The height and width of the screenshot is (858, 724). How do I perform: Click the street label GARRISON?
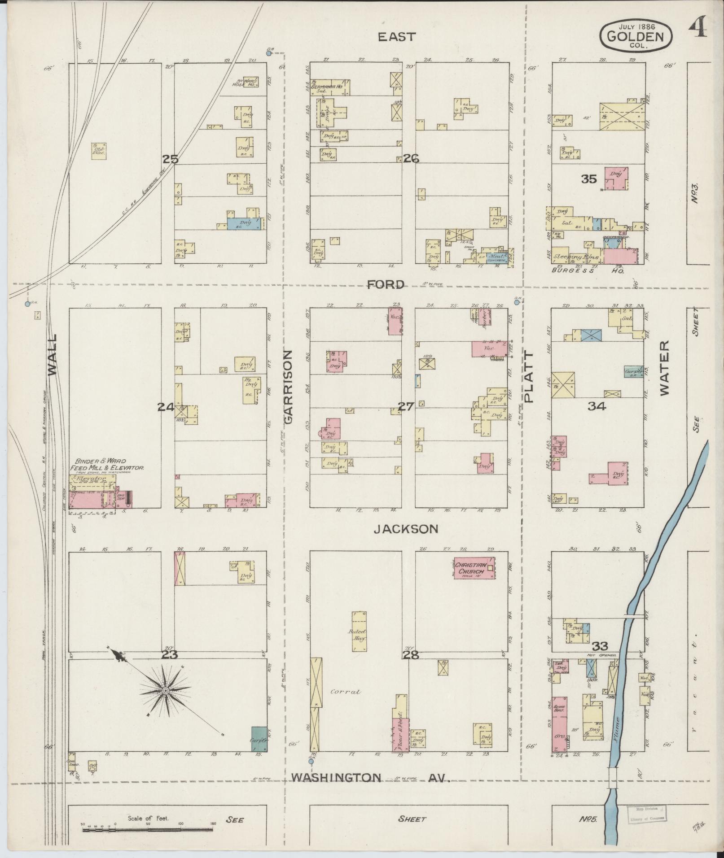point(288,387)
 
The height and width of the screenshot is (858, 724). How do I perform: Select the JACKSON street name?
point(406,529)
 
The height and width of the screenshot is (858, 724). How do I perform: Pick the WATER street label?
point(664,368)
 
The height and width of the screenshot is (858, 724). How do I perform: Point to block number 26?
point(411,158)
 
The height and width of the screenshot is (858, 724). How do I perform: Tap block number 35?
point(588,179)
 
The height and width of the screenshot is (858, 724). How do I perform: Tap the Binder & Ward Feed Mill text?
point(106,464)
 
